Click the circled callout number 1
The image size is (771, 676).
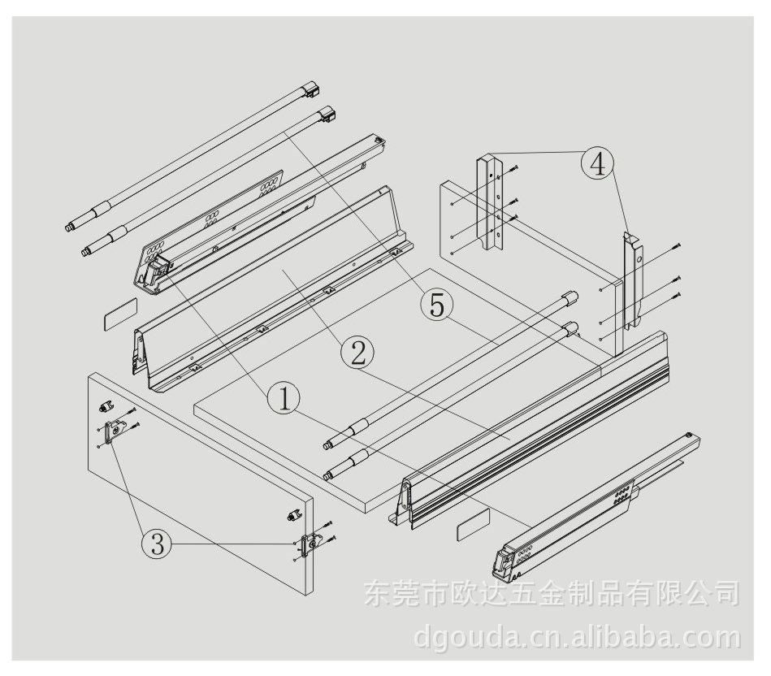[x=284, y=399]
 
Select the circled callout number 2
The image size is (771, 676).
[x=357, y=353]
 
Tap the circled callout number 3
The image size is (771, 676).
[x=157, y=544]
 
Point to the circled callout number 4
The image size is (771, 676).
[x=598, y=164]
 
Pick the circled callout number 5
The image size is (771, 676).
[x=436, y=305]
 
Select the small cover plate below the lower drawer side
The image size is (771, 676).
[x=473, y=525]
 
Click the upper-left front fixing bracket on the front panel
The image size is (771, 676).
[x=116, y=431]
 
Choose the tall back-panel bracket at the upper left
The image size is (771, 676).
[x=490, y=201]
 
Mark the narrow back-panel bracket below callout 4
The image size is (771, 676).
[x=633, y=281]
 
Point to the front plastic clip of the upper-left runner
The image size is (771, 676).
[x=158, y=270]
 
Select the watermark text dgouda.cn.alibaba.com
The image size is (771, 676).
[x=577, y=637]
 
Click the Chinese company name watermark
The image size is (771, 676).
[x=552, y=593]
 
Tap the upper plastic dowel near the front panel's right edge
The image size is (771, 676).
[x=293, y=516]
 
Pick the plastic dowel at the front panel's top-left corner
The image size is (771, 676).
[x=106, y=405]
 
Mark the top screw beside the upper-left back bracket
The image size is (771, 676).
[x=513, y=169]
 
